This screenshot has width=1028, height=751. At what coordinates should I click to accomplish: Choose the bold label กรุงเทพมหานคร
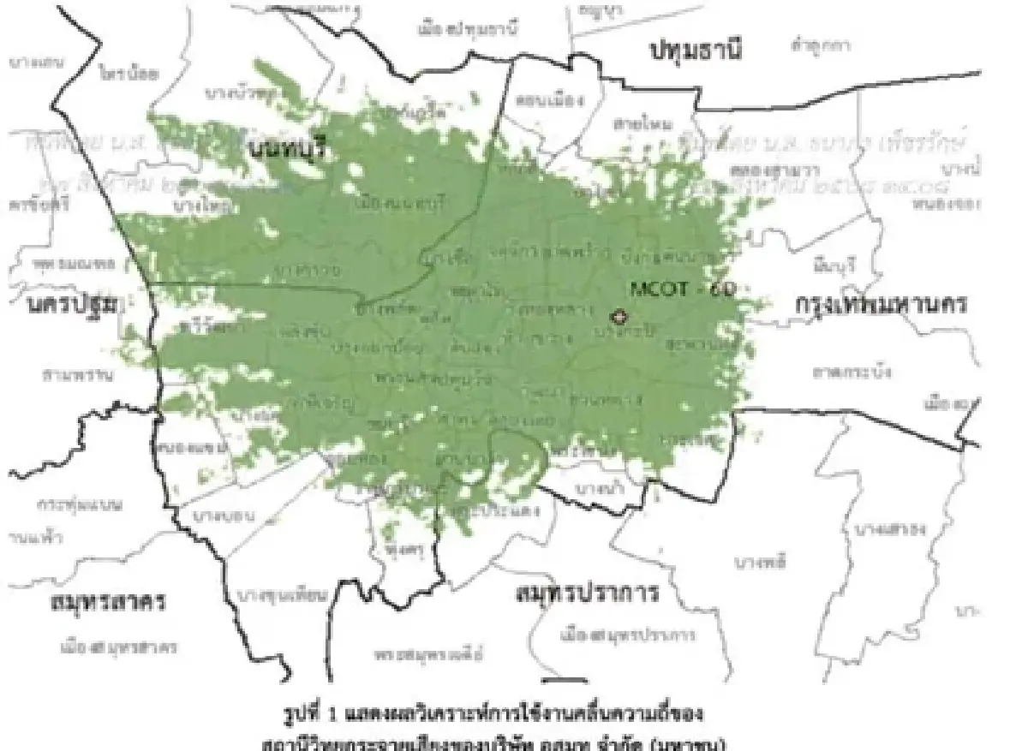pyautogui.click(x=882, y=304)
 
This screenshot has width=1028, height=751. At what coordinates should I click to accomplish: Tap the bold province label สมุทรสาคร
pyautogui.click(x=106, y=601)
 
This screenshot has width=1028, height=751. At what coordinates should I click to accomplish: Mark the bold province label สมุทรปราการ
pyautogui.click(x=588, y=593)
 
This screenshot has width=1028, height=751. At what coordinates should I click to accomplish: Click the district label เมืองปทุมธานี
pyautogui.click(x=468, y=29)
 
